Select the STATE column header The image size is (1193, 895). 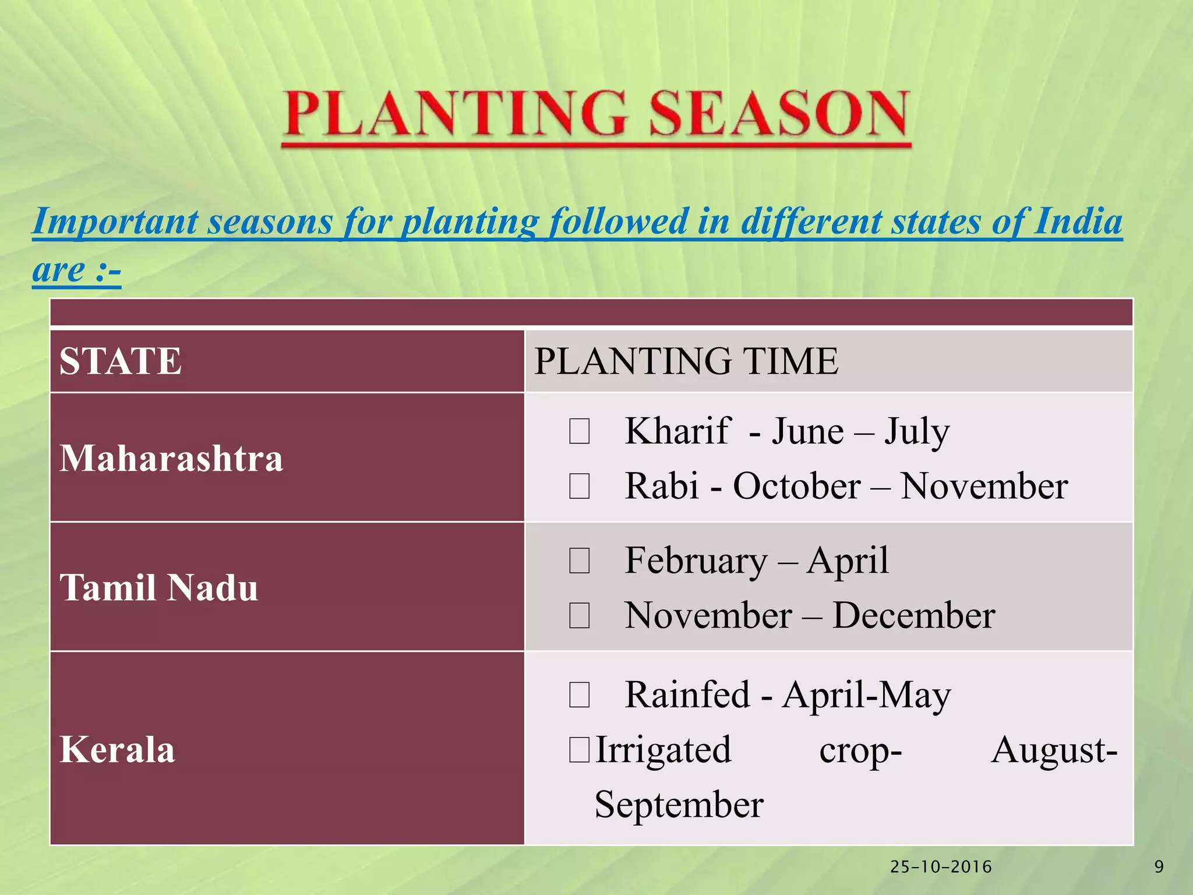(x=121, y=361)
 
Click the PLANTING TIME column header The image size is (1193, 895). (x=686, y=361)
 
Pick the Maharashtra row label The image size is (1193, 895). (x=171, y=457)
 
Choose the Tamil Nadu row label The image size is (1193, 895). (x=158, y=587)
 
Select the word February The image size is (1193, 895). (x=696, y=562)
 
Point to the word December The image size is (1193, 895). (x=913, y=615)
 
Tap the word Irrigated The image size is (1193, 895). (x=663, y=751)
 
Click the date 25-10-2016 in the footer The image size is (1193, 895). (x=941, y=867)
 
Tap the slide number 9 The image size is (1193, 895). (x=1159, y=867)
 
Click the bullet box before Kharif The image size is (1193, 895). (x=580, y=432)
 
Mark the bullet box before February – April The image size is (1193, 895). (x=580, y=561)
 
